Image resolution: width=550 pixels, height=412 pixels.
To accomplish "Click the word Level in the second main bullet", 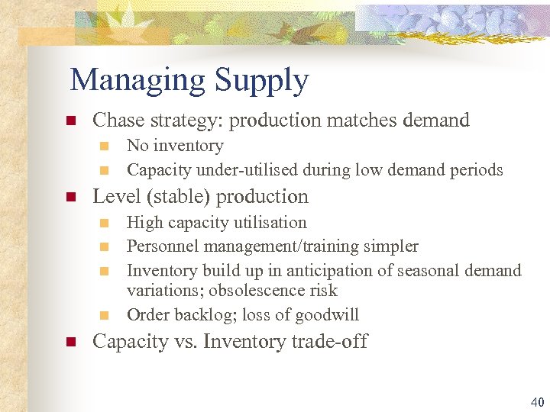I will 115,196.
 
